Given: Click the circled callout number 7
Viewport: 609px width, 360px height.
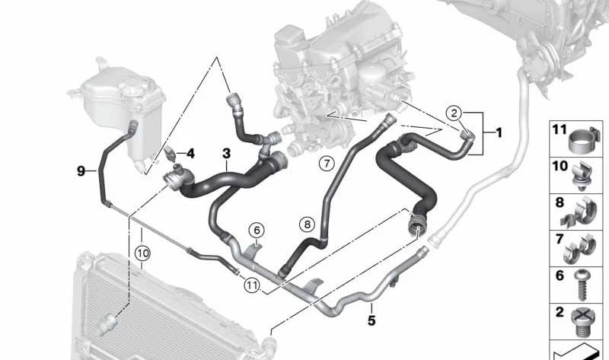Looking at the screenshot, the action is (x=327, y=163).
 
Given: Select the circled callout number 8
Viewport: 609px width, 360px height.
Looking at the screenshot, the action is (x=307, y=224).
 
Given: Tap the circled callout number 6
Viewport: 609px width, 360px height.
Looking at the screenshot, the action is (x=257, y=231).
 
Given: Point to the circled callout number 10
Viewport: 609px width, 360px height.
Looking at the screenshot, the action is (x=142, y=253).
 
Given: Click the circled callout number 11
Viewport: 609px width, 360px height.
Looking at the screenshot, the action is (x=252, y=285).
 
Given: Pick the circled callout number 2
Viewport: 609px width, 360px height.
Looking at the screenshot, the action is (x=454, y=113).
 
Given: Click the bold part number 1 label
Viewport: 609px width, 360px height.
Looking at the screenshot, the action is (x=499, y=132).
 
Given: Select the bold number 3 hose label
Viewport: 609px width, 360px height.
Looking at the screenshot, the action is (x=226, y=154).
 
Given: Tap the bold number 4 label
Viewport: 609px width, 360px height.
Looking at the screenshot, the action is (x=190, y=154).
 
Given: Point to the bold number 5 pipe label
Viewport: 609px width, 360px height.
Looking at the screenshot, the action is (x=371, y=320).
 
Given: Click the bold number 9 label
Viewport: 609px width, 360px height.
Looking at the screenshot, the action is (x=81, y=170).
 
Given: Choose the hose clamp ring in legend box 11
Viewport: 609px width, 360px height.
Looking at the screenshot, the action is (x=582, y=141).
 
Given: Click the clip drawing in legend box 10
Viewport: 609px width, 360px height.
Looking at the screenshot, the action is (x=582, y=176).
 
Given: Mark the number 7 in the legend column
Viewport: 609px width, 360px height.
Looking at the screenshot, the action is (x=560, y=239).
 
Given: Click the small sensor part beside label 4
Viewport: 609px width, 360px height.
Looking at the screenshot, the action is (x=169, y=154).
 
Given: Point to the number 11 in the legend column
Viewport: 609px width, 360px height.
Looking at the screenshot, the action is (x=560, y=129).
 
